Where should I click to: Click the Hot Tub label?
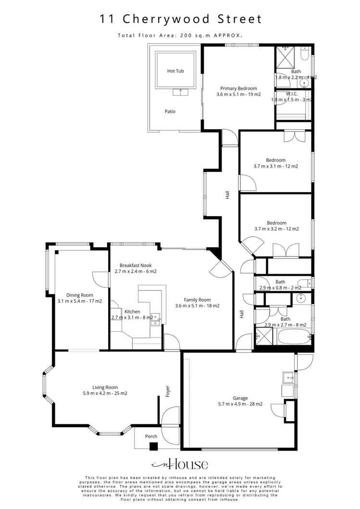pyautogui.click(x=175, y=71)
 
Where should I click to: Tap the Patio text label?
pyautogui.click(x=170, y=111)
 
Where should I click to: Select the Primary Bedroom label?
pyautogui.click(x=238, y=88)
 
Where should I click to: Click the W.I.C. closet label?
pyautogui.click(x=291, y=94)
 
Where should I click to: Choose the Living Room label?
pyautogui.click(x=105, y=387)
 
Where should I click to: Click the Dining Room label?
pyautogui.click(x=79, y=295)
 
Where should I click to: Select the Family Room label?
pyautogui.click(x=197, y=300)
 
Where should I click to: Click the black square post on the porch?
pyautogui.click(x=153, y=446)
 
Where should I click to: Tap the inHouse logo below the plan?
pyautogui.click(x=180, y=464)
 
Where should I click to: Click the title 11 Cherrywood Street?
pyautogui.click(x=180, y=19)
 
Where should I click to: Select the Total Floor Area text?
pyautogui.click(x=180, y=35)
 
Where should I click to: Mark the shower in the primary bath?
pyautogui.click(x=284, y=57)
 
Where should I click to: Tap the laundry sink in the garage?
pyautogui.click(x=287, y=377)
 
